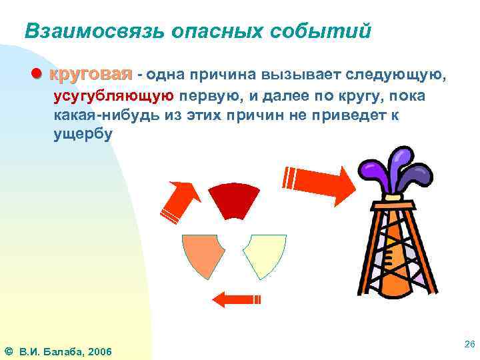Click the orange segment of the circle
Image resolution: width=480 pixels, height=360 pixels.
coord(201,255)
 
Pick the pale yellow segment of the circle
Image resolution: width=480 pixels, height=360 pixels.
coord(265,255)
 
